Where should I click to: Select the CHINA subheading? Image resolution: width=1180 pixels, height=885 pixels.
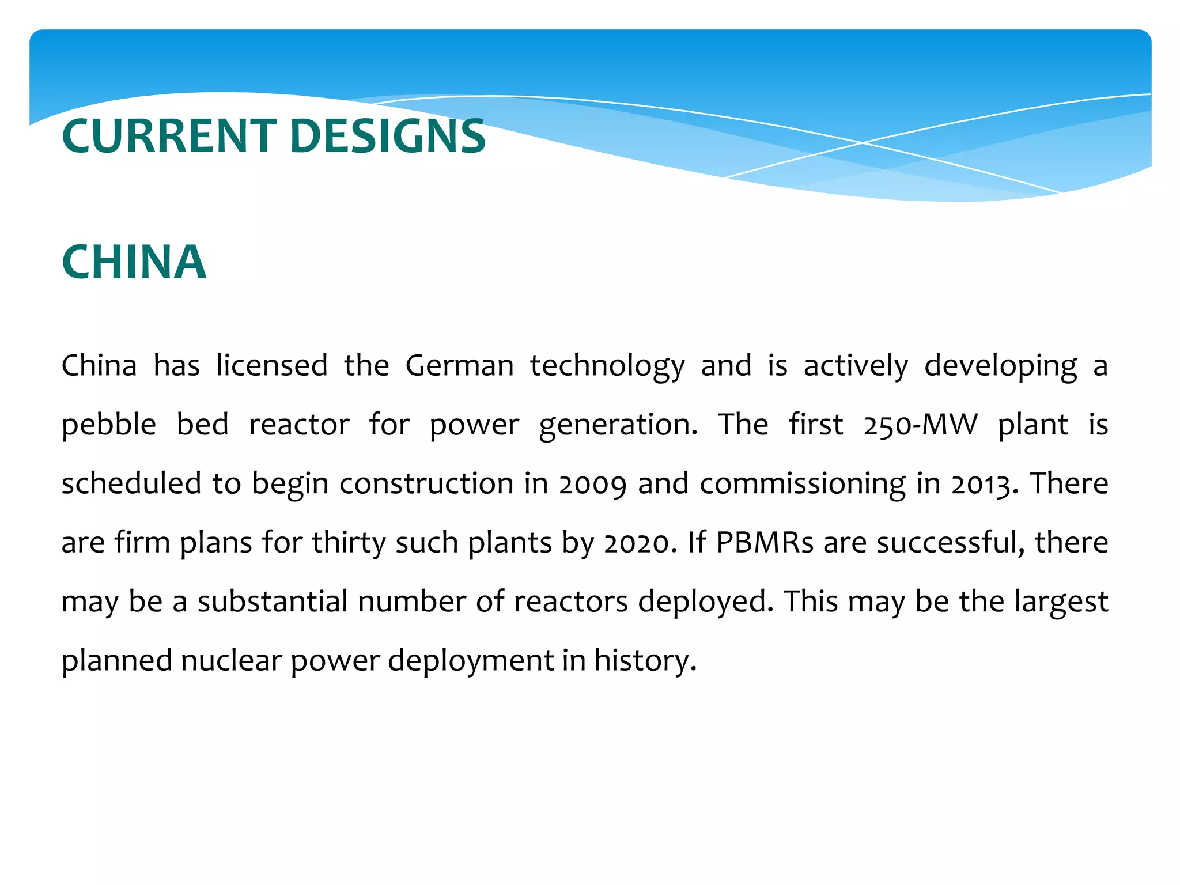coord(134,262)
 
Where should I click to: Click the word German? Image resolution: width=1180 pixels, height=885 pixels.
coord(459,365)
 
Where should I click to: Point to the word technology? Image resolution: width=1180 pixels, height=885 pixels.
coord(607,366)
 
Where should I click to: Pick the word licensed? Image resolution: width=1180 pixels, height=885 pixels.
coord(271,365)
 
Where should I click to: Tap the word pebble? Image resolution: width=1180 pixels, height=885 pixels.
coord(108,425)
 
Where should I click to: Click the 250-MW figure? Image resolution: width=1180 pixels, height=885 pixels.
coord(920,425)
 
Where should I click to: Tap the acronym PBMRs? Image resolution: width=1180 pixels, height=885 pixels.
coord(765,543)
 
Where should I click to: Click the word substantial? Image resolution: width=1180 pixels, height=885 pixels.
coord(273,602)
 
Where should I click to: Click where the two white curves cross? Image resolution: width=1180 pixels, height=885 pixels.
coord(863,142)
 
